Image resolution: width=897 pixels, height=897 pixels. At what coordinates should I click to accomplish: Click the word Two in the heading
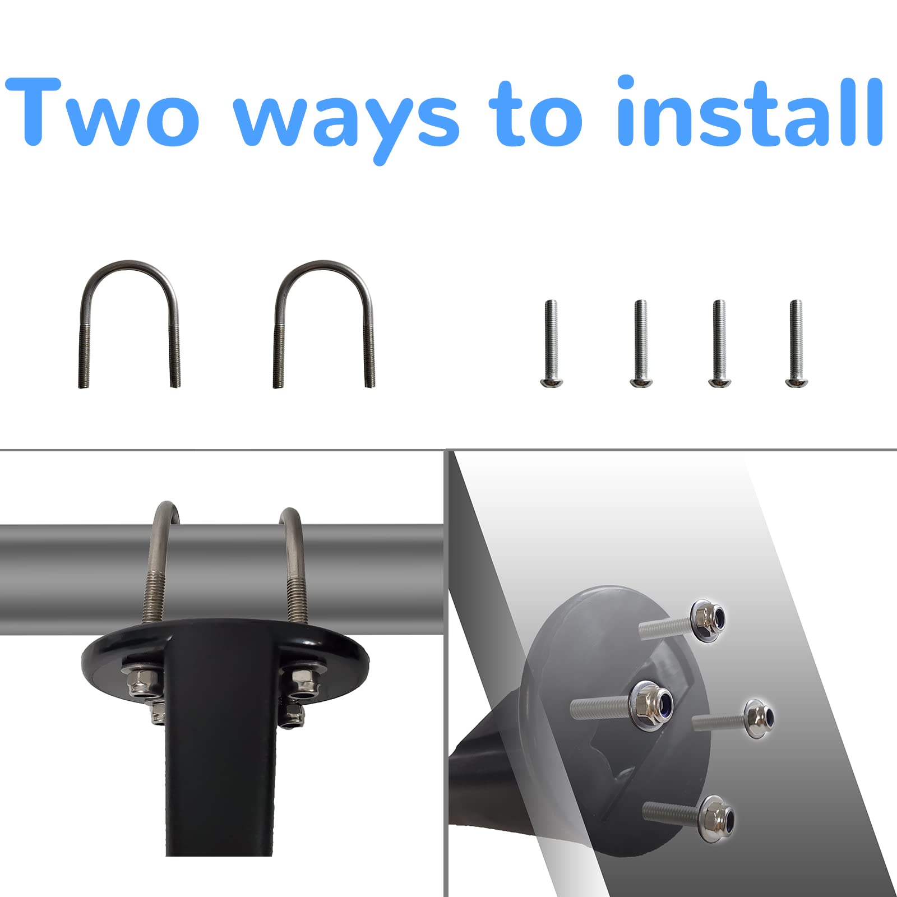pos(104,112)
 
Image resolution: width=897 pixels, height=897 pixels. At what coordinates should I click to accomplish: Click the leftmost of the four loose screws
pos(551,342)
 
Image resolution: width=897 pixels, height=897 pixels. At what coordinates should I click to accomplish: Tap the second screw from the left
pos(640,342)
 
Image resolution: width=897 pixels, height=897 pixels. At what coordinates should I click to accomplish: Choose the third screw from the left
pos(718,342)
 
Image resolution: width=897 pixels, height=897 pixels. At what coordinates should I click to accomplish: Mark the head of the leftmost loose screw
pos(550,381)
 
